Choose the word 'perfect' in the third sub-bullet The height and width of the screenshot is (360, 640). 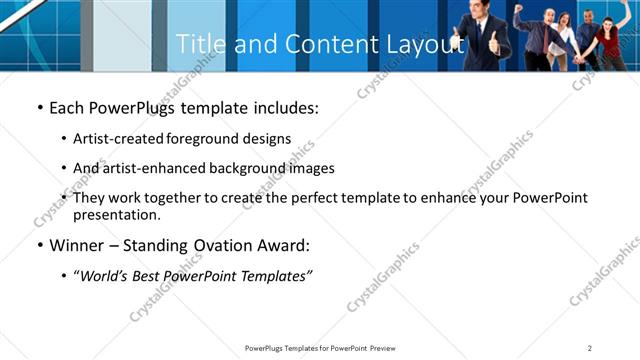click(x=313, y=198)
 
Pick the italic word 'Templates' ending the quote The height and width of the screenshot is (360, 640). click(x=274, y=275)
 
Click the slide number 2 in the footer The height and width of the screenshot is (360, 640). click(x=590, y=347)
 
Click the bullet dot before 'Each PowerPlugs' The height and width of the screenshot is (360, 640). click(x=39, y=107)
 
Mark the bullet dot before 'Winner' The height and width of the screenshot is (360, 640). click(x=39, y=245)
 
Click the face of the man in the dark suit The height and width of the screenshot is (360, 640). click(x=478, y=13)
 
